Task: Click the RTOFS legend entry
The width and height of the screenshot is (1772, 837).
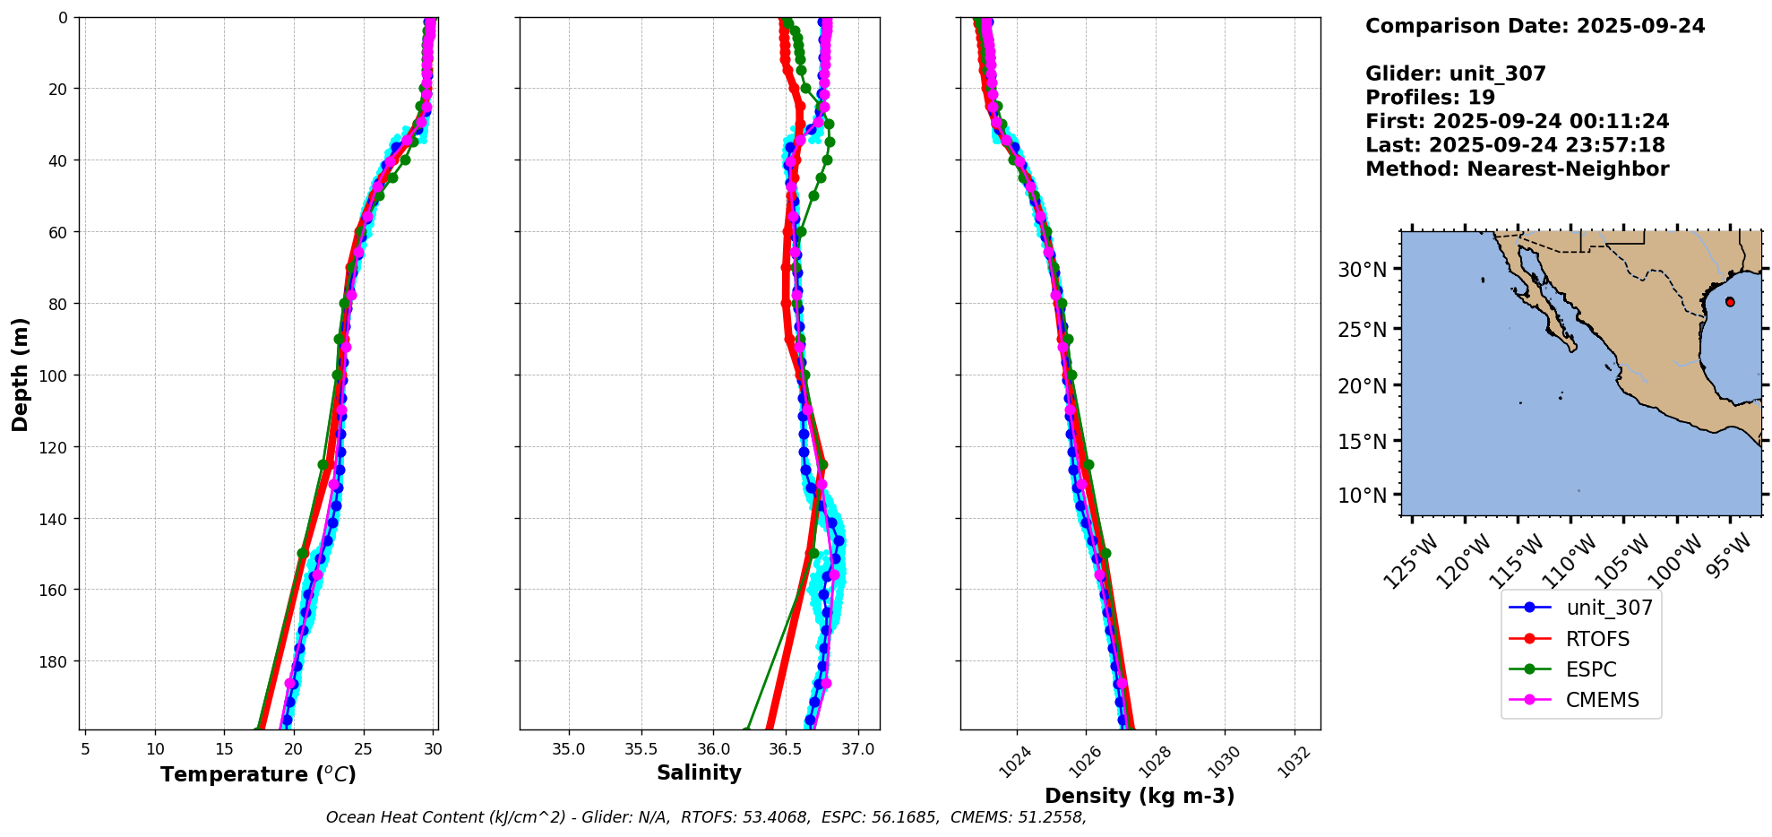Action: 1597,639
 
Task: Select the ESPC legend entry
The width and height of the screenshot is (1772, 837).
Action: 1591,669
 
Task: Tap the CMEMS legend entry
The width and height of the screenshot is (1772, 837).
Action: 1602,700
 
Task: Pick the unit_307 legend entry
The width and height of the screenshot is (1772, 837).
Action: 1609,608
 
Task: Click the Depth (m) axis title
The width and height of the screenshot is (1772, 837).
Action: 20,374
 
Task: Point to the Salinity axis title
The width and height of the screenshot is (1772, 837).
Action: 699,773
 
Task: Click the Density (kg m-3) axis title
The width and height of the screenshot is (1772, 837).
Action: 1140,796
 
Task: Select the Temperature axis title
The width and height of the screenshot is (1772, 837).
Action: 258,774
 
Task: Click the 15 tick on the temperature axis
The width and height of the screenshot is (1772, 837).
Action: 224,748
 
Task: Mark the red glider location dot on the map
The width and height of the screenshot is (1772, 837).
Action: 1730,302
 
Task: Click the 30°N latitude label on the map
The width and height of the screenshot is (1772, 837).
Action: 1362,270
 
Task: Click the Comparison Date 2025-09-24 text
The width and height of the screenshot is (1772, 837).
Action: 1535,26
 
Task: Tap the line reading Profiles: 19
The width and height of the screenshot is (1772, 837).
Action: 1430,98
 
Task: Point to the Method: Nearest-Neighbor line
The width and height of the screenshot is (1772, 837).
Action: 1517,169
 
